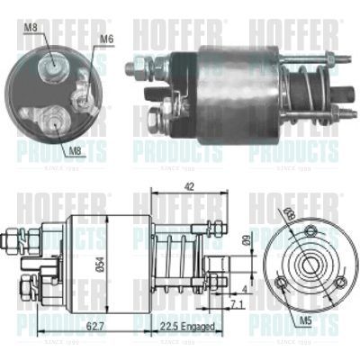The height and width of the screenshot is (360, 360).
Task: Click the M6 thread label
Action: coord(107,39)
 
